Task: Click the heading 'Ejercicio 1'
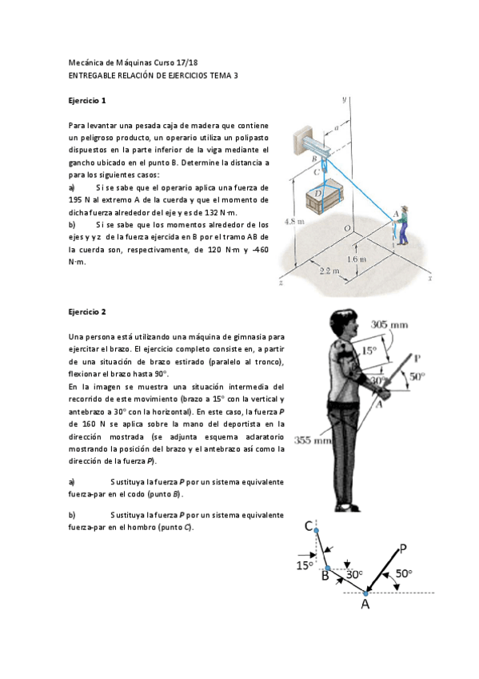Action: (x=87, y=101)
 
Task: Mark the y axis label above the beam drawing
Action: (x=344, y=99)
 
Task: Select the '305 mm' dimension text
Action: (x=390, y=324)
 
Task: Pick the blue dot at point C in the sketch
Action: (x=317, y=529)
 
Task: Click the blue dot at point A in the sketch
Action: (x=365, y=593)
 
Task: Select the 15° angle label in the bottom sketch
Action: (x=304, y=565)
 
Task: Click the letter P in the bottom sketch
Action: (x=403, y=548)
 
